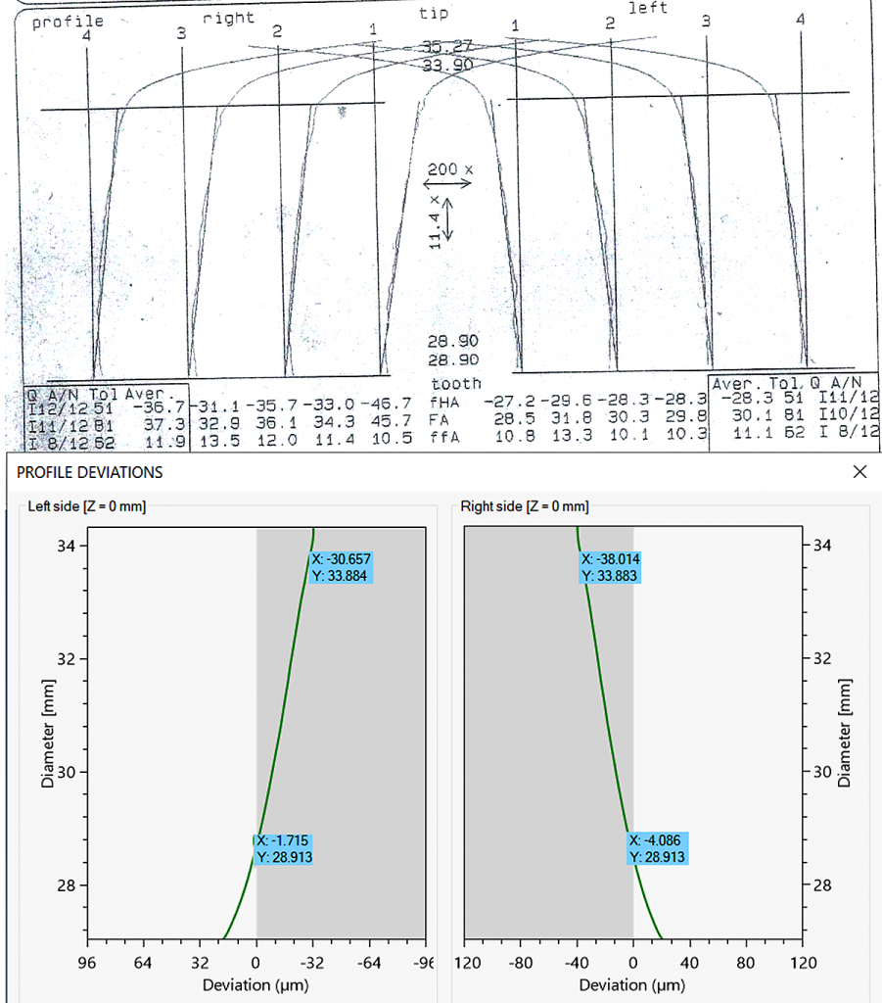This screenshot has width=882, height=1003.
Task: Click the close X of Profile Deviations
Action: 859,472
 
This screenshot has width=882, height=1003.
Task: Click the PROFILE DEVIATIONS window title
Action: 91,472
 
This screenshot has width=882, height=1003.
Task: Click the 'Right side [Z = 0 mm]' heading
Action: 525,506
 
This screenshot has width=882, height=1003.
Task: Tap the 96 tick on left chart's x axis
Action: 87,961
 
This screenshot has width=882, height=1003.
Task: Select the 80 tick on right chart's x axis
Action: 746,961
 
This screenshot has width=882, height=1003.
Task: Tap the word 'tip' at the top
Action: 433,13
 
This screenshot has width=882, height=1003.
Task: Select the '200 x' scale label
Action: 449,169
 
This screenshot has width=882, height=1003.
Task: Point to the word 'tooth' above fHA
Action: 456,383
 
